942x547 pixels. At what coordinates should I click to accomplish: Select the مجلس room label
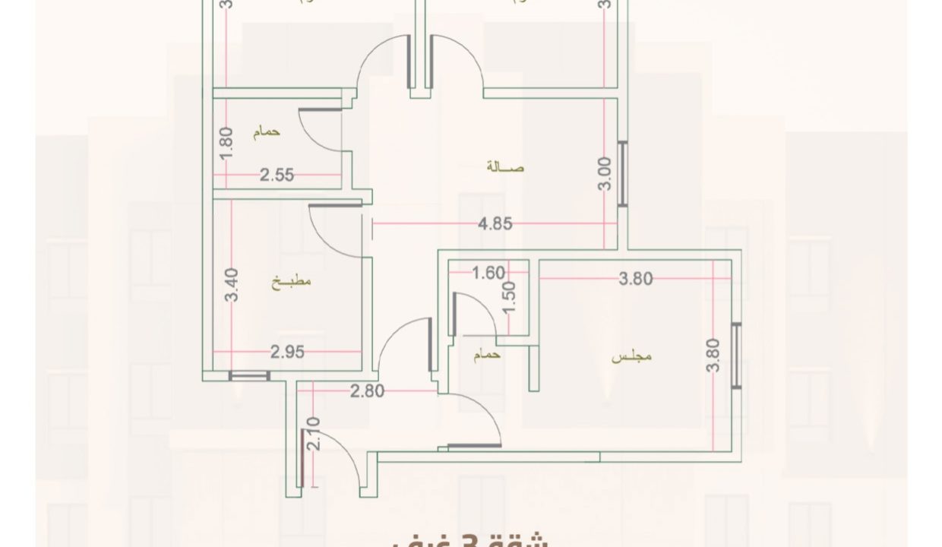(633, 356)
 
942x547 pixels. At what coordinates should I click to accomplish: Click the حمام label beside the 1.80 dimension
(267, 131)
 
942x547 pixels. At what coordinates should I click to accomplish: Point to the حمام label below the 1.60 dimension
(487, 356)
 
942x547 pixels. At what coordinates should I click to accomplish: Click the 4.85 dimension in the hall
(495, 224)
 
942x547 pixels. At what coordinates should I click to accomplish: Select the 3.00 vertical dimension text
(605, 175)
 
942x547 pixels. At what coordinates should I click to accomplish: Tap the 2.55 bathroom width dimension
(277, 175)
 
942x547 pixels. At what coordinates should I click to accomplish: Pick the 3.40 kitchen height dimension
(233, 285)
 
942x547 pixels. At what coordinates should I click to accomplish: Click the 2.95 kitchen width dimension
(288, 352)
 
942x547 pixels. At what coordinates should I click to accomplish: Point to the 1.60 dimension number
(488, 273)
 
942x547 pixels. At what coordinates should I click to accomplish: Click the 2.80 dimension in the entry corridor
(368, 391)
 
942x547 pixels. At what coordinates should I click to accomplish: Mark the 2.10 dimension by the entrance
(315, 435)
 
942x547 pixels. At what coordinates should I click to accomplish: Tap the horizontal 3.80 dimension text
(636, 279)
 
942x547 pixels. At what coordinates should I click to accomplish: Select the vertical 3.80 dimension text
(713, 355)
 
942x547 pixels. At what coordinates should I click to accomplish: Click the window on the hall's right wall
(623, 174)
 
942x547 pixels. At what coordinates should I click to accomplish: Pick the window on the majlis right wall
(735, 356)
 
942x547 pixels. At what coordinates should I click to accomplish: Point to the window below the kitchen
(249, 375)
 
